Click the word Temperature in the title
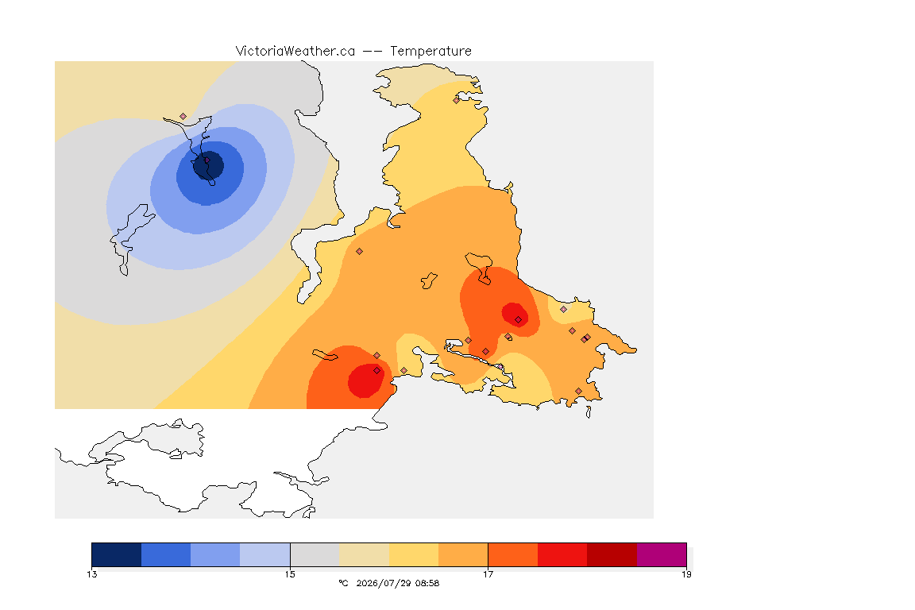click(430, 51)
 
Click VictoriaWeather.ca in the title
click(295, 51)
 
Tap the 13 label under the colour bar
click(92, 574)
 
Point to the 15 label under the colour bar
click(290, 574)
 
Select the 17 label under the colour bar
click(488, 574)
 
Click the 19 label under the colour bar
click(686, 574)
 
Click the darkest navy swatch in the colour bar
click(117, 554)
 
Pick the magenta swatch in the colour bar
click(662, 554)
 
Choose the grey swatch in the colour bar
click(315, 554)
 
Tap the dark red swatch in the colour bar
click(612, 554)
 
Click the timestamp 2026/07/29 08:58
click(398, 583)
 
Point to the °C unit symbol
click(343, 583)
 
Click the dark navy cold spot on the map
click(208, 165)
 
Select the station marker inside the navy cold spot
click(207, 160)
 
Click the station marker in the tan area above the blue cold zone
click(183, 117)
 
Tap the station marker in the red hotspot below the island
click(518, 320)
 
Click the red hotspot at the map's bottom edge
click(366, 380)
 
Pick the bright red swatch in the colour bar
click(562, 554)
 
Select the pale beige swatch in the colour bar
click(365, 554)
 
